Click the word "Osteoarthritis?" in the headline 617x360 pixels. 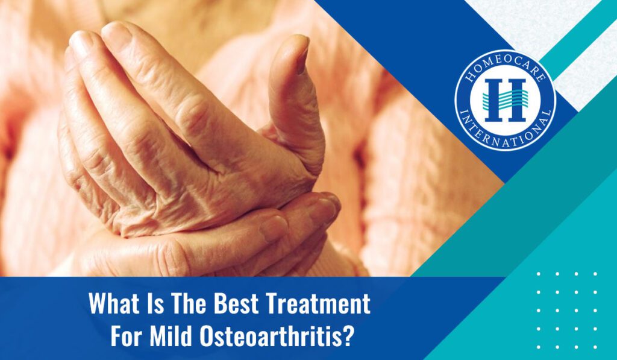click(x=276, y=336)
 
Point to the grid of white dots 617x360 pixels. click(x=566, y=310)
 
